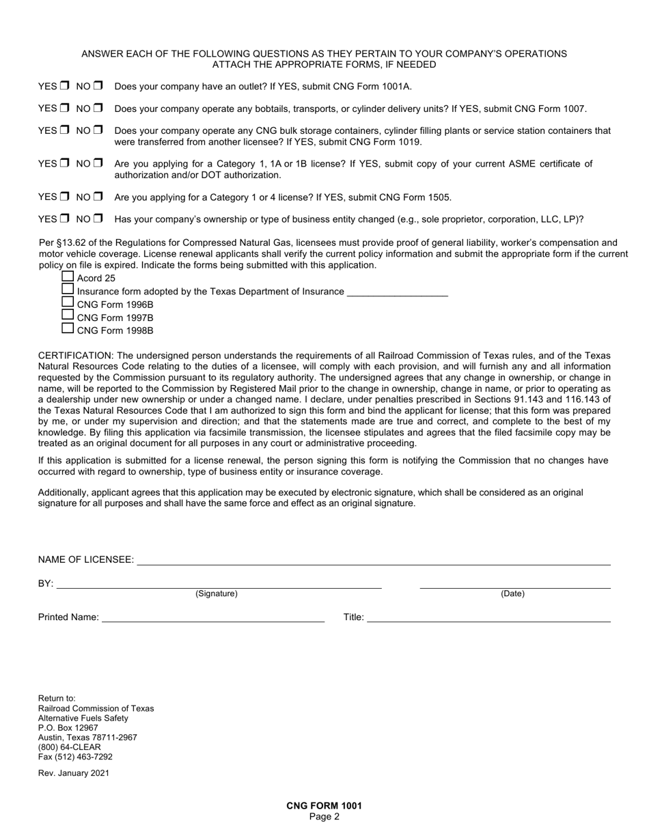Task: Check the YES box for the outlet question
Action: click(64, 86)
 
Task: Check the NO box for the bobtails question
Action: click(98, 108)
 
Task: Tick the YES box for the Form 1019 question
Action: click(64, 130)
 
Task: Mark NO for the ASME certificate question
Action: click(98, 163)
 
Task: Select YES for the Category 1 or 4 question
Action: click(64, 197)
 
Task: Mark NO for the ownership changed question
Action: click(98, 219)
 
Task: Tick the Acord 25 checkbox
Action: click(68, 277)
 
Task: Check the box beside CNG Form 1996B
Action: click(68, 303)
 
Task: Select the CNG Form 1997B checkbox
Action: click(68, 316)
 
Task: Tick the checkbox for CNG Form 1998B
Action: click(68, 328)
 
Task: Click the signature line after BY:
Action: click(219, 584)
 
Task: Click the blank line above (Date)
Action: click(514, 584)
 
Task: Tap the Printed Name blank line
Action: click(212, 618)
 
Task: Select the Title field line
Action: click(488, 618)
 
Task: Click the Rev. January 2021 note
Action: click(73, 773)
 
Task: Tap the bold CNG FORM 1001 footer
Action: click(324, 806)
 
